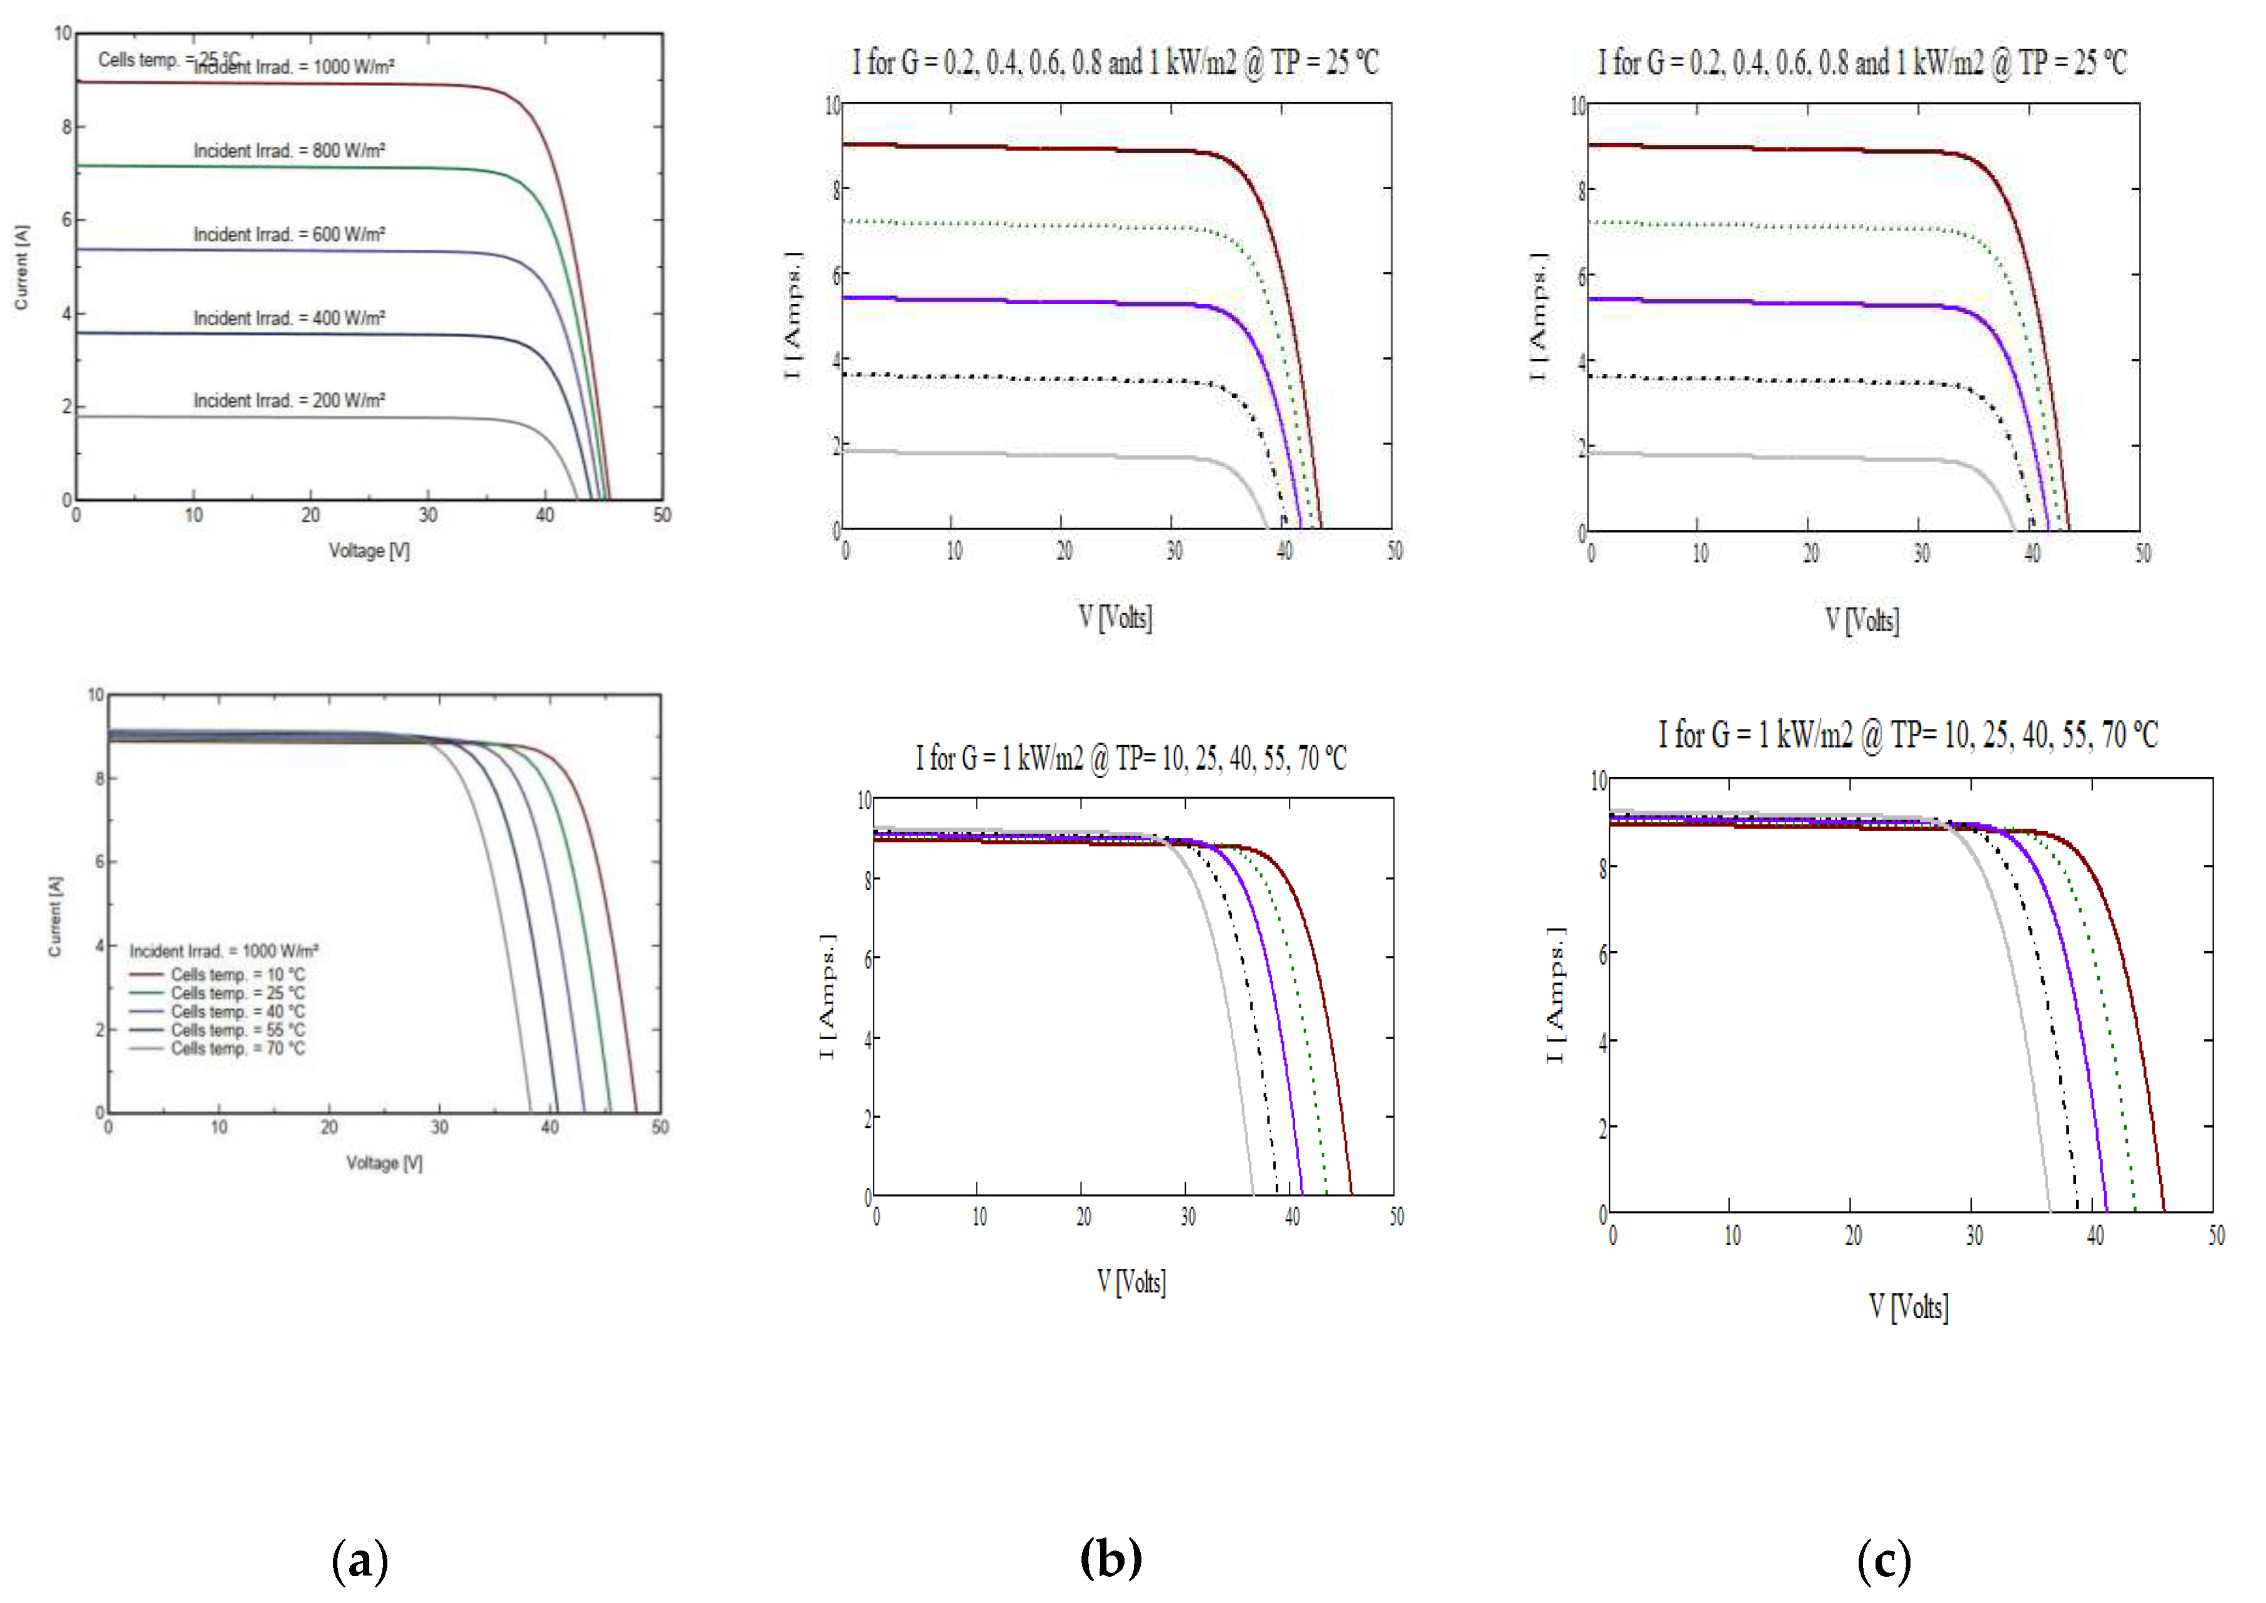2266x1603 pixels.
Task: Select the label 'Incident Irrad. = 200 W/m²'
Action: coord(288,401)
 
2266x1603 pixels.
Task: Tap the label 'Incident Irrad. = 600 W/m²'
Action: coord(288,235)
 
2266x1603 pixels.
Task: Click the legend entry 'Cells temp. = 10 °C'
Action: coord(237,974)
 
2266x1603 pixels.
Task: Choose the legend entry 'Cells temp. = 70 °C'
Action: coord(237,1048)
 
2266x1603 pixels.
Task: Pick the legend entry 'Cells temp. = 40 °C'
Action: coord(237,1012)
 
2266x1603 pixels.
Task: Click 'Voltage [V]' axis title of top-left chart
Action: coord(369,551)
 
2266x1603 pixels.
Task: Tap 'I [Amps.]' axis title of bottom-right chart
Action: coord(1555,995)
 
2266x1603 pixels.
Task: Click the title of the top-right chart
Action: coord(1862,62)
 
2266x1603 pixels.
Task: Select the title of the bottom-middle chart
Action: coord(1131,758)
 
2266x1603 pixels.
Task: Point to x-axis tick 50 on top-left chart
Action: coord(662,515)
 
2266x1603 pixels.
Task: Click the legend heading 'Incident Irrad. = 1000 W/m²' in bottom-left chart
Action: coord(223,950)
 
